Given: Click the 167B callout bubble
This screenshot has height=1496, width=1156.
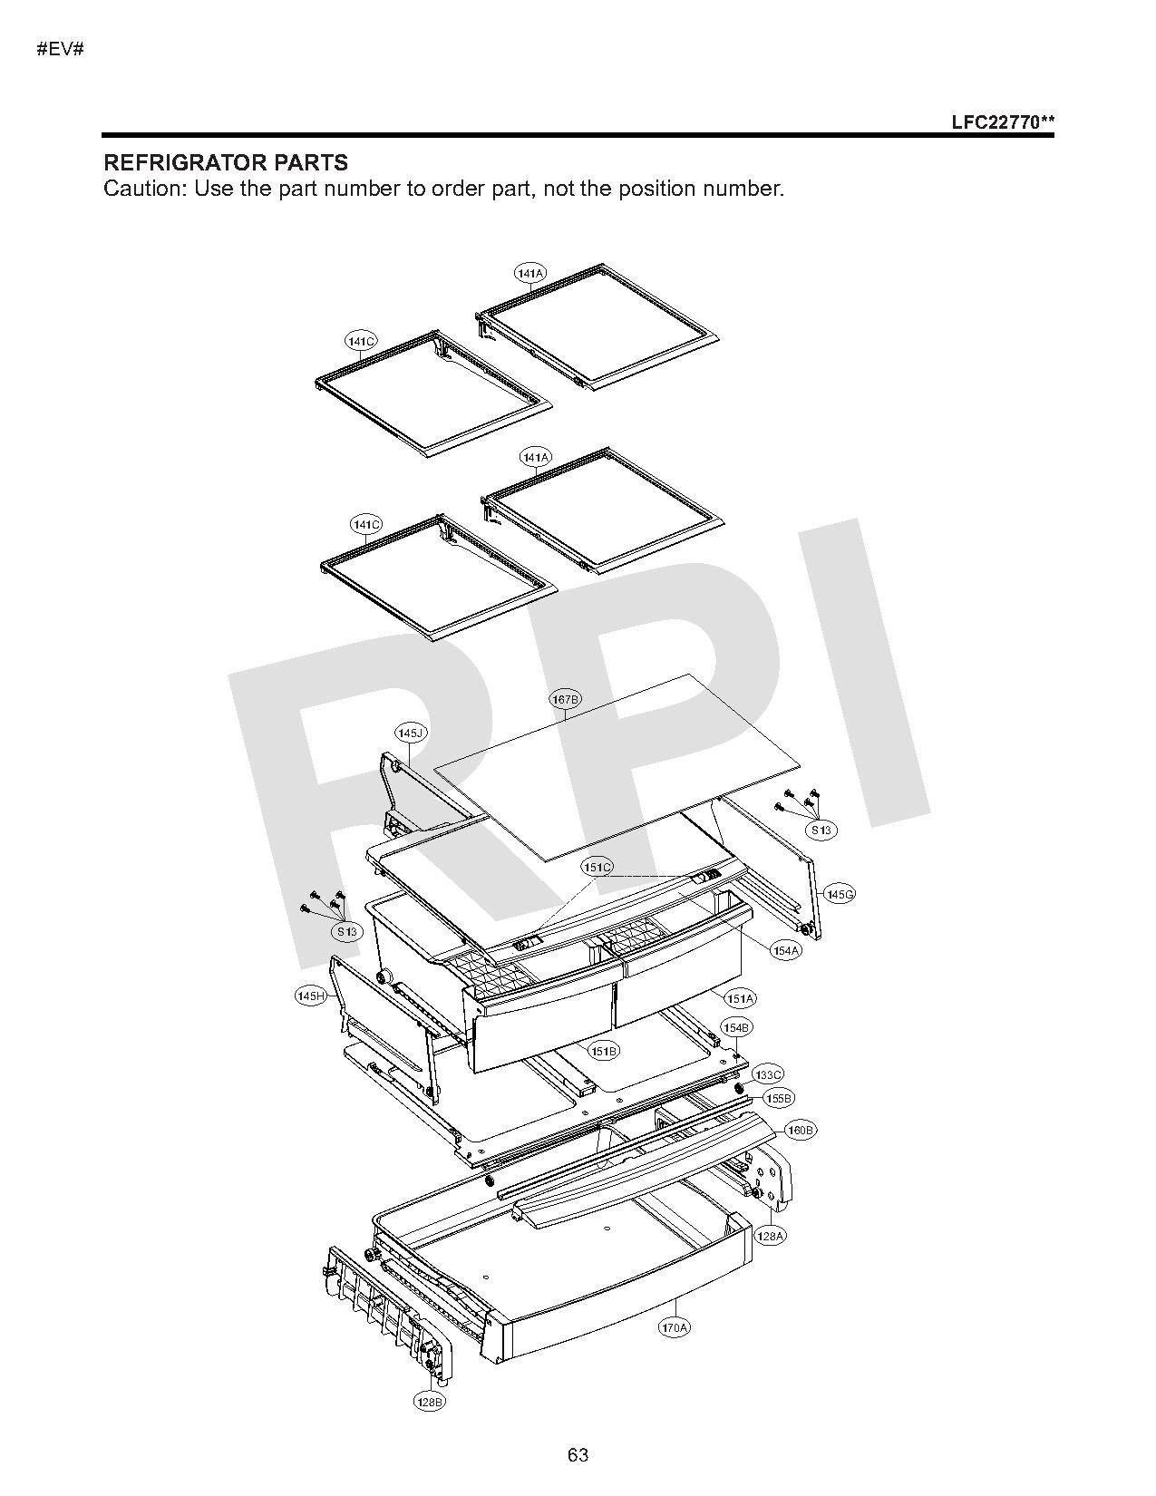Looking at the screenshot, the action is [565, 699].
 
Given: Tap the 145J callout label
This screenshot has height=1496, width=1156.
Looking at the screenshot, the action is [411, 733].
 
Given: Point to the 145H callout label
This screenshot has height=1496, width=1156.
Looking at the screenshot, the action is [310, 996].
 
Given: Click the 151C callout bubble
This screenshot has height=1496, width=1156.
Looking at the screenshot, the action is [597, 868].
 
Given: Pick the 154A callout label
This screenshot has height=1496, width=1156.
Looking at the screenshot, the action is [785, 950].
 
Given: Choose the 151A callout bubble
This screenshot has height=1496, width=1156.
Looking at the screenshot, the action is [740, 998].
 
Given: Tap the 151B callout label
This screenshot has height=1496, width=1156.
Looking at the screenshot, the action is [603, 1051].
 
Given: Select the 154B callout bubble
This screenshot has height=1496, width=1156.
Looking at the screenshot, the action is [737, 1028].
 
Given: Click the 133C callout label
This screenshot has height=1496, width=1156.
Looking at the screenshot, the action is [768, 1074].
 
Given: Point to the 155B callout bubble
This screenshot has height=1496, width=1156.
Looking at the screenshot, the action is [780, 1099].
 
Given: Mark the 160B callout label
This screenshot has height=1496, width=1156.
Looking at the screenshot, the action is [801, 1131].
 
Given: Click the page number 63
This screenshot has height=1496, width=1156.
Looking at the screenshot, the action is [578, 1455].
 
